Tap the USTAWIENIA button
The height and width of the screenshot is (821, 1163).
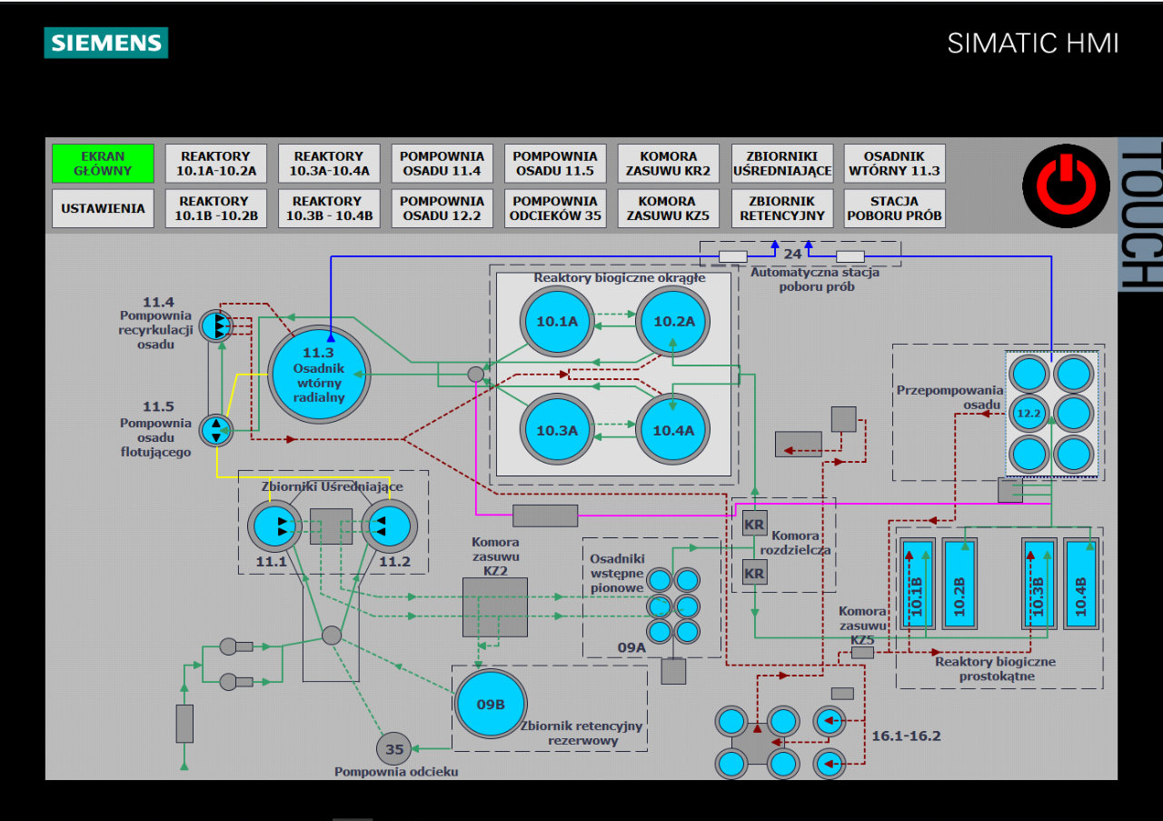click(x=103, y=208)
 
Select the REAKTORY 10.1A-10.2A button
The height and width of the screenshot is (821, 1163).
click(x=216, y=164)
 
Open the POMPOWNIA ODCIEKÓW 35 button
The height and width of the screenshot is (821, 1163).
click(x=555, y=208)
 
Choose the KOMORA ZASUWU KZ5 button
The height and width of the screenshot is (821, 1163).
click(x=668, y=208)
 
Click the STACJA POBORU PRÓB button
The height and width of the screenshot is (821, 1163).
click(x=894, y=208)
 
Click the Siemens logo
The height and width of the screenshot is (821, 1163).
click(x=106, y=43)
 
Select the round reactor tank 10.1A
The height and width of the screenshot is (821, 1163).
click(x=557, y=321)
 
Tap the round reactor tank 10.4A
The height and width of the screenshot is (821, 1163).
click(x=671, y=430)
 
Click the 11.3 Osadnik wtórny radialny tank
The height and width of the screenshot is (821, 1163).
click(x=319, y=374)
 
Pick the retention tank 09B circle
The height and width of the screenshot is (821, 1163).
click(x=491, y=704)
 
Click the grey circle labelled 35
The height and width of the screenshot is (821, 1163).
click(x=394, y=749)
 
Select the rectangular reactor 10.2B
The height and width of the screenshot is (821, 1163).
click(x=959, y=585)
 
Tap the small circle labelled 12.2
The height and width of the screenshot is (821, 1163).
click(x=1029, y=413)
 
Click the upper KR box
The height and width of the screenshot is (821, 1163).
click(x=754, y=524)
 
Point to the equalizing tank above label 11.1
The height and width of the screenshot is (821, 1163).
click(x=273, y=526)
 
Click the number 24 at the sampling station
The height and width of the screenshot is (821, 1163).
click(x=792, y=255)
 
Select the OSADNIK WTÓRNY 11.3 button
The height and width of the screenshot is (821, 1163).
click(x=894, y=164)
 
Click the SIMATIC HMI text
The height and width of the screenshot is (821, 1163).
click(x=1032, y=43)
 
